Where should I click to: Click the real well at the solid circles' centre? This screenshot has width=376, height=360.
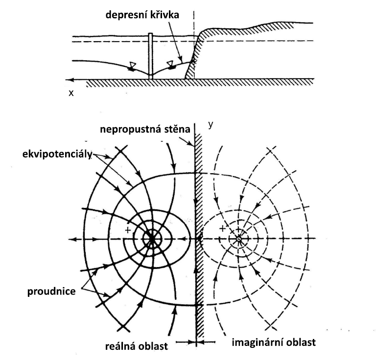[152, 239]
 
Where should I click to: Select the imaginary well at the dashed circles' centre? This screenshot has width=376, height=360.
[239, 239]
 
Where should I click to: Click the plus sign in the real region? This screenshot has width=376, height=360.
[128, 229]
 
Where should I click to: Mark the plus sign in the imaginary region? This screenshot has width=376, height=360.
[222, 228]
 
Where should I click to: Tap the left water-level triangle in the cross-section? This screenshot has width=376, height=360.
[132, 65]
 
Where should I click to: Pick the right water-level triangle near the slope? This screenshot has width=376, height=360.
[170, 64]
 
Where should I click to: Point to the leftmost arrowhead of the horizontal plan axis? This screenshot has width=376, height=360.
[72, 239]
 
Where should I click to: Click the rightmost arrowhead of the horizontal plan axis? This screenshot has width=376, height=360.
[319, 239]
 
